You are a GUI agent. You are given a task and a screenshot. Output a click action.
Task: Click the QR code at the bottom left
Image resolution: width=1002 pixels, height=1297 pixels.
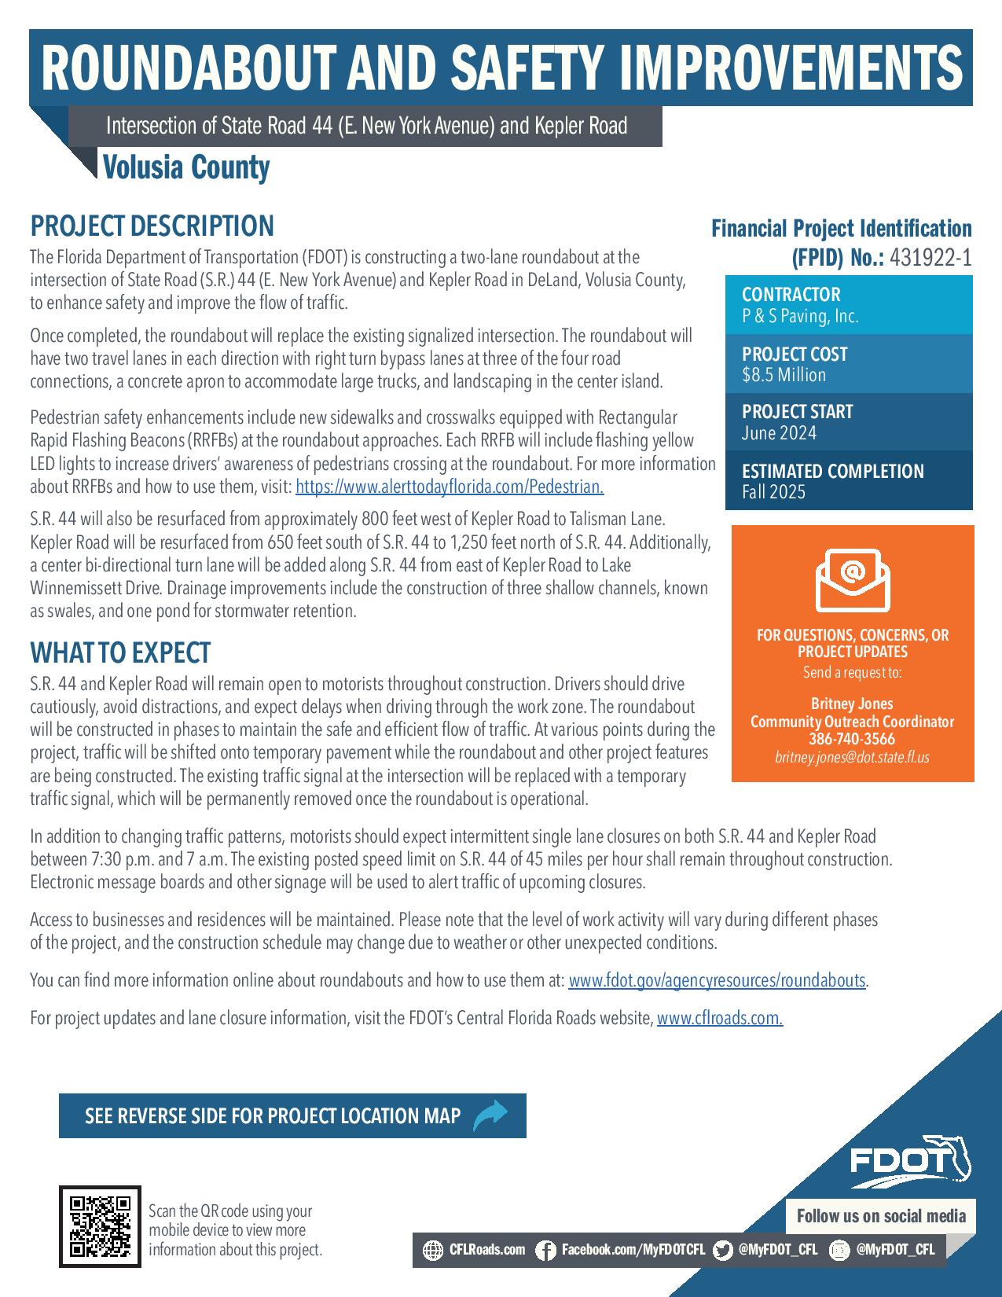[100, 1226]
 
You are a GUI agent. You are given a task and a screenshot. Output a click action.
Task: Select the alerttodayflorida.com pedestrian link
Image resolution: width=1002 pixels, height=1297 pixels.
[450, 487]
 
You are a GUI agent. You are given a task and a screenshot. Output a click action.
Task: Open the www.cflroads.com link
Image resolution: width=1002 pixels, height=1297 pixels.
[719, 1019]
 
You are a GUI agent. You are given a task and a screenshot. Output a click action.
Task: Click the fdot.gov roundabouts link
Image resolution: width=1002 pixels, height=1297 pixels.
[717, 981]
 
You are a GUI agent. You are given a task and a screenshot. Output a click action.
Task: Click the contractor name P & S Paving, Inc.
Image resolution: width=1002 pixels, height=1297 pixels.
[800, 317]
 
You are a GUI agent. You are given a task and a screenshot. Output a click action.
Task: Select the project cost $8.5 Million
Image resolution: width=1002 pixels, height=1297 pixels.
[784, 375]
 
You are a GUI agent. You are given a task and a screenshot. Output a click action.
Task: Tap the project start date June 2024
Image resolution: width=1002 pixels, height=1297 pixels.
[779, 433]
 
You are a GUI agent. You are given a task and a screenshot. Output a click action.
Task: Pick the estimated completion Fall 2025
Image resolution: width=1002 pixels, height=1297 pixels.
[773, 493]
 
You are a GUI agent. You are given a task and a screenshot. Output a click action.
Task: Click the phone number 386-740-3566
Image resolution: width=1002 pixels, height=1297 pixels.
[852, 739]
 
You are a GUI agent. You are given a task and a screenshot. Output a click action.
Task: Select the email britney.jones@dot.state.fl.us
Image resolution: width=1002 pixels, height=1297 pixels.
[852, 758]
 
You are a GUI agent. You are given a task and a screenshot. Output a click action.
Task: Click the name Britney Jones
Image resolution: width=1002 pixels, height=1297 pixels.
[852, 704]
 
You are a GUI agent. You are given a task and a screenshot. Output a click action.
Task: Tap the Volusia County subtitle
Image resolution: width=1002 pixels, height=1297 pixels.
[186, 167]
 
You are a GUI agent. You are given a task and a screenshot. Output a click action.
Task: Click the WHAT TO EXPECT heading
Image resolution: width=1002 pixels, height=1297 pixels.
[120, 652]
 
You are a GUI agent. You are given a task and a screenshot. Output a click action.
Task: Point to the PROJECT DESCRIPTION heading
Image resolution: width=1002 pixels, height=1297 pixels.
[152, 226]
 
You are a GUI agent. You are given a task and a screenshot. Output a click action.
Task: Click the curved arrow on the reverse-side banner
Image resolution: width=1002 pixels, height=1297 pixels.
[490, 1115]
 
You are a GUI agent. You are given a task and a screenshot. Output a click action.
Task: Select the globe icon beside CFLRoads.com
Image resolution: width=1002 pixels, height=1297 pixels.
[433, 1250]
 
